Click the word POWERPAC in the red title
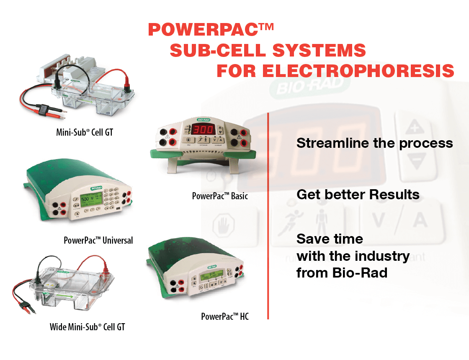pos(203,30)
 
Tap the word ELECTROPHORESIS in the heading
pos(358,71)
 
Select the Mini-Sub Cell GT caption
pos(85,132)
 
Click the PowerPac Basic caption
pos(220,196)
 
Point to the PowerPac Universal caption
pos(98,240)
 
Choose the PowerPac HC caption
pos(224,316)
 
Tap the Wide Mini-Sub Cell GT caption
pos(87,327)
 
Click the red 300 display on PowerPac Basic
pos(204,129)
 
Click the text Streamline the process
pos(374,143)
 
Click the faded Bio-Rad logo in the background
pos(309,86)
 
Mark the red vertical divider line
pos(268,216)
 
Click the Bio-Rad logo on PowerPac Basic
pos(204,120)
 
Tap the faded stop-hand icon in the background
pos(224,224)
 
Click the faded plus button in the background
pos(415,127)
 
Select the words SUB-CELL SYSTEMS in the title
pos(268,50)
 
